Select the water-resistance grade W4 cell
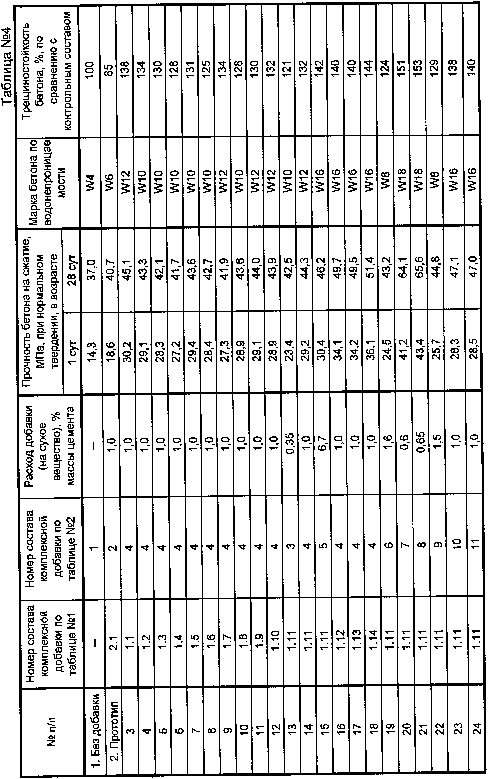pos(92,182)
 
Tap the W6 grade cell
pos(110,182)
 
